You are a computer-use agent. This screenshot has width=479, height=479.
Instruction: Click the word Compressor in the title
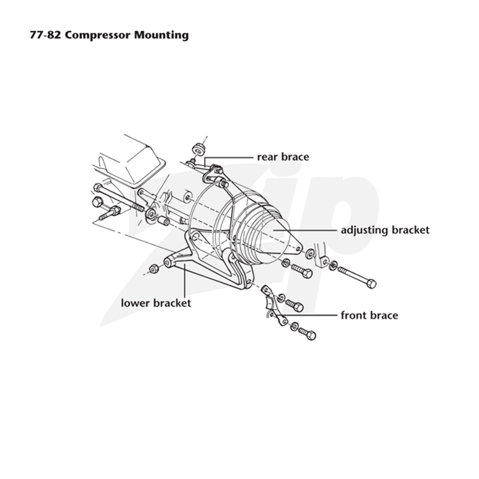click(x=97, y=35)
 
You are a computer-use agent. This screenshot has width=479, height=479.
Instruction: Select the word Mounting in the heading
click(x=161, y=35)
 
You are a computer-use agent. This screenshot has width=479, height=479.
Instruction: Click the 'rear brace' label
click(x=283, y=157)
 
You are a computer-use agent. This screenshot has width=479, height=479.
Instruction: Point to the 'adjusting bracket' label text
click(x=385, y=231)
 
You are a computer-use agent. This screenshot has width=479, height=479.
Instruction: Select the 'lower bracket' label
click(x=156, y=303)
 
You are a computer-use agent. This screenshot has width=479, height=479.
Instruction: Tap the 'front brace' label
click(x=369, y=316)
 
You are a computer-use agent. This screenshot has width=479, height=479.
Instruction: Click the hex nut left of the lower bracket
click(x=154, y=269)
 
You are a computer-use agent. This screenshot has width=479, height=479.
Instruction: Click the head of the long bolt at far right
click(x=371, y=284)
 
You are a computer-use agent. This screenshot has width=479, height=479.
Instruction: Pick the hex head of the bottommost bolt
click(x=311, y=335)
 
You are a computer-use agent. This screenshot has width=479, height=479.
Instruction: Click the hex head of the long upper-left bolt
click(x=98, y=187)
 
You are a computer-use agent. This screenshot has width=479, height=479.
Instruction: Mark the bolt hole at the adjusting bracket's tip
click(x=297, y=248)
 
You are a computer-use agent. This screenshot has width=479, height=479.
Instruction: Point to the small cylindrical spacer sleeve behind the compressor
click(x=163, y=220)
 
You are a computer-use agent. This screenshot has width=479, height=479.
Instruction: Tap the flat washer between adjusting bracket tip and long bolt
click(x=310, y=253)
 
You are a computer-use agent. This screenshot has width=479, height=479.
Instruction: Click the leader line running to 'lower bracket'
click(x=185, y=281)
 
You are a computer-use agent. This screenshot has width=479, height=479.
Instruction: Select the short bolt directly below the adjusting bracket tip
click(x=301, y=271)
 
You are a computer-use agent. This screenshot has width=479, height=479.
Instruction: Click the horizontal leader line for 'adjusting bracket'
click(x=305, y=229)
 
